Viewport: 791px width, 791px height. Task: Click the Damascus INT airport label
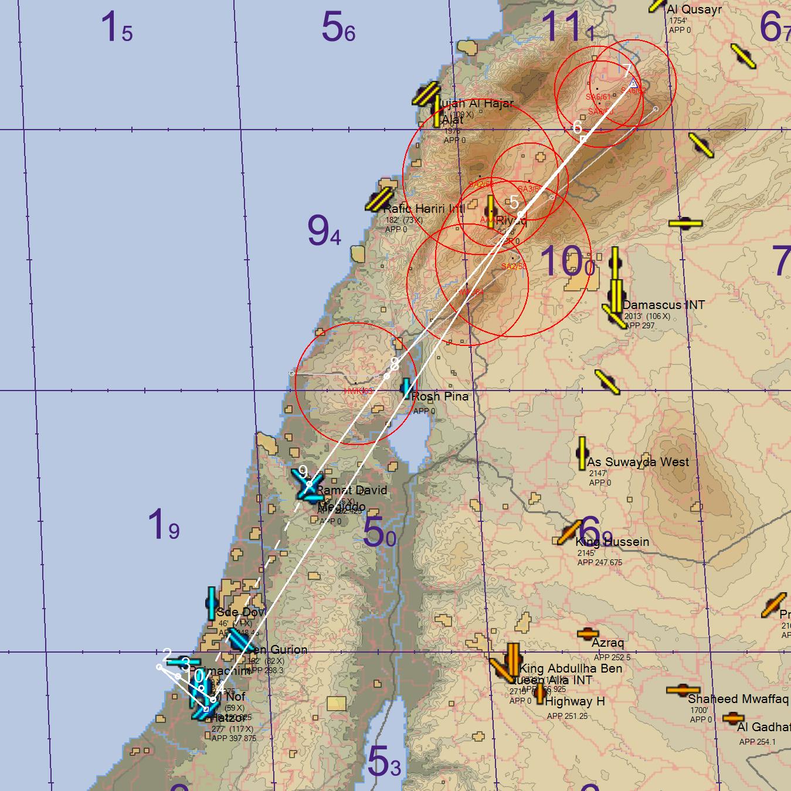pos(663,305)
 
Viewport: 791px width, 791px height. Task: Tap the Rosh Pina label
pos(440,396)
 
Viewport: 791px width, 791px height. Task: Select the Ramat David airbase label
pos(352,490)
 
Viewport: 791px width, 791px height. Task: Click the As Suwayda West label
pos(639,462)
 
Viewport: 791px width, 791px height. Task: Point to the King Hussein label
pos(612,542)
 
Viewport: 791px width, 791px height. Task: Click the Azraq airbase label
pos(607,643)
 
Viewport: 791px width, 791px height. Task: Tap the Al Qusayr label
pos(694,9)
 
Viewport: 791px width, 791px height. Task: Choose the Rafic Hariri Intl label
pos(424,209)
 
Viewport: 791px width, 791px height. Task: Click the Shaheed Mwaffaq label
pos(738,699)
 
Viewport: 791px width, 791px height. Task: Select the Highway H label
pos(575,701)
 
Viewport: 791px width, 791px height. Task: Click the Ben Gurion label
pos(276,650)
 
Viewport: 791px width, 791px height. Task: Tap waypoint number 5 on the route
pos(521,215)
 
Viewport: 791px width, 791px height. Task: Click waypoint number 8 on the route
pos(386,375)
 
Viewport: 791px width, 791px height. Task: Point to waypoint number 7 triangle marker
pos(633,84)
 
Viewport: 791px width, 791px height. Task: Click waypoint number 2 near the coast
pos(159,667)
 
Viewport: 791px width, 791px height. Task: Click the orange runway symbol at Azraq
pos(588,633)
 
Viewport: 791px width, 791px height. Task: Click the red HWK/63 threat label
pos(358,391)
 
